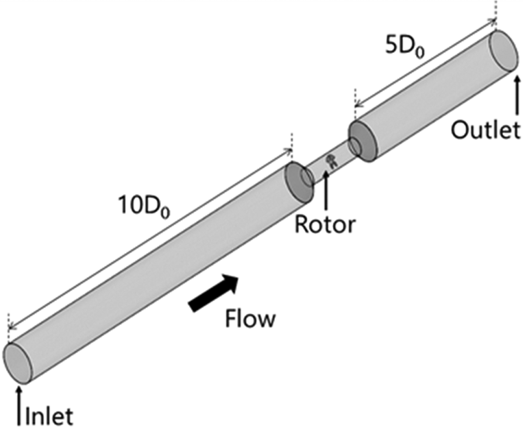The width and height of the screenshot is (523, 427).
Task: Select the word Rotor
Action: coord(325,225)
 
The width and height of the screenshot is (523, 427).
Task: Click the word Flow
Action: coord(250,318)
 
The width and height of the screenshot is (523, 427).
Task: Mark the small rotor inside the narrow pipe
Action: coord(330,162)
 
